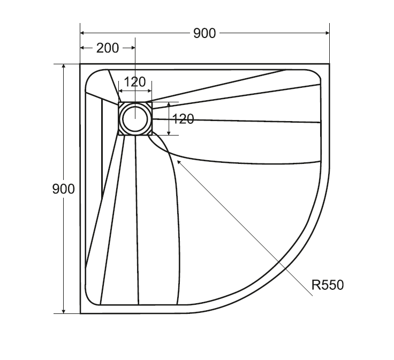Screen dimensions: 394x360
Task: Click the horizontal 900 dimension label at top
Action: point(204,33)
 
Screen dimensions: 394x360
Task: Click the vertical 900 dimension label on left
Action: point(64,189)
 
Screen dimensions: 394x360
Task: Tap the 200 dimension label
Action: point(108,48)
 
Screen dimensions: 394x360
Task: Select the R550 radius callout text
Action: point(328,285)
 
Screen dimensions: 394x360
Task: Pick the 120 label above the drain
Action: point(135,82)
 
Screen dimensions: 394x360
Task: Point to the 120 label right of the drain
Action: point(184,119)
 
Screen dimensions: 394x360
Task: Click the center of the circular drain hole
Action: point(135,118)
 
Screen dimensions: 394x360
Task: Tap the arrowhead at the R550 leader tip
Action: point(179,162)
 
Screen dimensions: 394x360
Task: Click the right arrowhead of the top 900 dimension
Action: point(327,33)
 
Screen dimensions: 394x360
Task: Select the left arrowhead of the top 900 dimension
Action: point(82,33)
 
